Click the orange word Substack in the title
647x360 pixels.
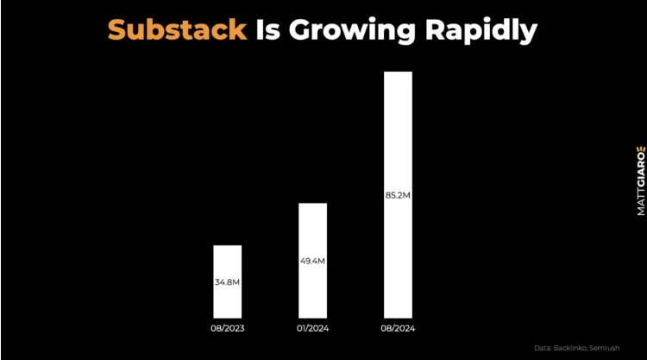point(176,30)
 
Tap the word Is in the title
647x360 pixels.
point(268,30)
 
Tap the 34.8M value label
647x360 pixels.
point(228,282)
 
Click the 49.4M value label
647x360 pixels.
point(312,261)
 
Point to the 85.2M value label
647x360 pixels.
point(398,196)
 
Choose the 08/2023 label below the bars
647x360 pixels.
point(228,330)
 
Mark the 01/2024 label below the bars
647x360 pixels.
point(312,330)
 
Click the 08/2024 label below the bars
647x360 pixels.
point(398,330)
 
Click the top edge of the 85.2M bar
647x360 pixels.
point(398,72)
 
